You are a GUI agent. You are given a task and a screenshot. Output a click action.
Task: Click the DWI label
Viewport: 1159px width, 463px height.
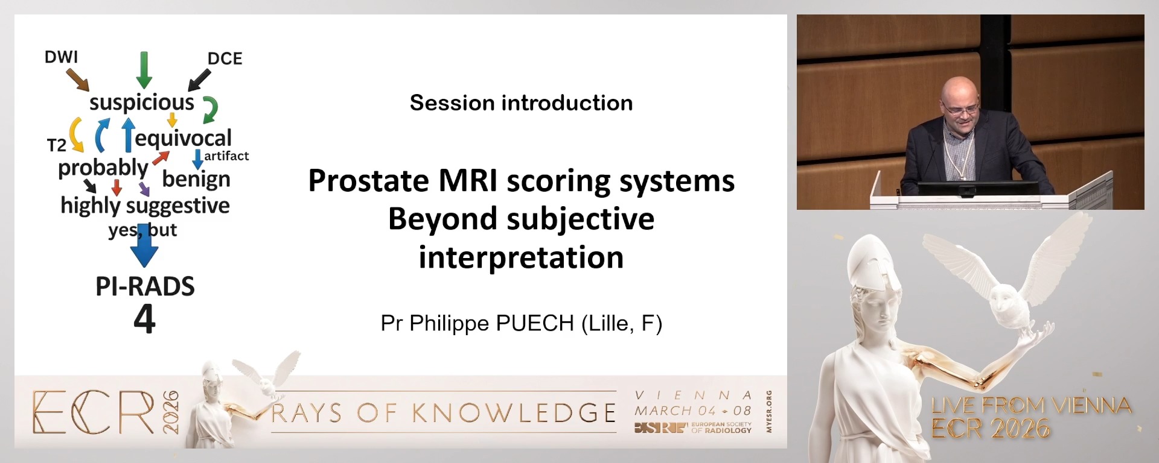pyautogui.click(x=62, y=57)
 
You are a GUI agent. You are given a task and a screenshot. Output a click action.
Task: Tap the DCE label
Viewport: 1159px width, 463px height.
pyautogui.click(x=225, y=58)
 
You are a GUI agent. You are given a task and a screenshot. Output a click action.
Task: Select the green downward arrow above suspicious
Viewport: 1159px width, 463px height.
pyautogui.click(x=144, y=70)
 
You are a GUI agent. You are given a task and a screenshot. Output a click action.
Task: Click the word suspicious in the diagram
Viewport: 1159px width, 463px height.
pyautogui.click(x=142, y=102)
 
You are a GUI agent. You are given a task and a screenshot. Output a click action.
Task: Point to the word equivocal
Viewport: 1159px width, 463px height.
pyautogui.click(x=183, y=139)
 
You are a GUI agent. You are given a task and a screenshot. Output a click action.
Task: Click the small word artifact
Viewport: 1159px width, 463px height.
pyautogui.click(x=226, y=156)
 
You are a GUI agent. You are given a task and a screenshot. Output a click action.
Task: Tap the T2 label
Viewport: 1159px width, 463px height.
pyautogui.click(x=57, y=145)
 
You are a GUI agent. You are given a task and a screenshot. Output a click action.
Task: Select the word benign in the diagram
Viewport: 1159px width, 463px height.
pyautogui.click(x=196, y=179)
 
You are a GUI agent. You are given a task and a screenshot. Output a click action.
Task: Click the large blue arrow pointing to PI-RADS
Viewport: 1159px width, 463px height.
pyautogui.click(x=144, y=245)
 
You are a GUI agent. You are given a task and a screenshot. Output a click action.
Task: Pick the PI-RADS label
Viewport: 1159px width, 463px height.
pyautogui.click(x=145, y=286)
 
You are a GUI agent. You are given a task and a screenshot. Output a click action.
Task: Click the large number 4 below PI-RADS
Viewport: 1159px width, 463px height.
pyautogui.click(x=145, y=319)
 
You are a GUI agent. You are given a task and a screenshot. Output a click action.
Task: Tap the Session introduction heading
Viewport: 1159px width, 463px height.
pyautogui.click(x=522, y=103)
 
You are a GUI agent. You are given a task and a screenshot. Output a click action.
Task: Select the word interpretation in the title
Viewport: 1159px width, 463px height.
pyautogui.click(x=522, y=257)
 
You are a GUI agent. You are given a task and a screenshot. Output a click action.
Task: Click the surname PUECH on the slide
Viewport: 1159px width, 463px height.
pyautogui.click(x=535, y=324)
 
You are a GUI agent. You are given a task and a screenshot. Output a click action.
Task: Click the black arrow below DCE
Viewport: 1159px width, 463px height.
pyautogui.click(x=200, y=80)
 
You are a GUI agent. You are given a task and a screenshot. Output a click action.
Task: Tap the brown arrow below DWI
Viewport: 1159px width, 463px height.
pyautogui.click(x=78, y=80)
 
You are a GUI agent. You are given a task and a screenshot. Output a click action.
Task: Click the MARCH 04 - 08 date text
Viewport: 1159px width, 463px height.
pyautogui.click(x=693, y=411)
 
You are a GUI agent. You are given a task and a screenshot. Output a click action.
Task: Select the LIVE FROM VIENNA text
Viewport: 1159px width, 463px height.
pyautogui.click(x=1031, y=405)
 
